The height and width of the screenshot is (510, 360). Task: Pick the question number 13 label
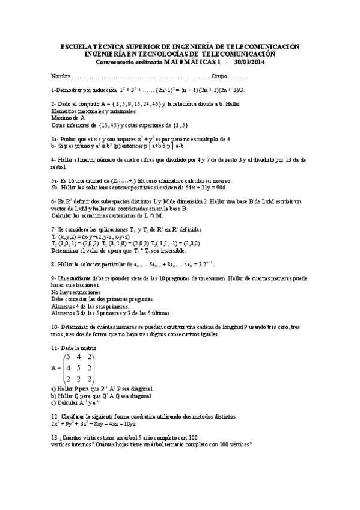pos(55,437)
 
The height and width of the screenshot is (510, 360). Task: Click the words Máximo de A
pos(68,118)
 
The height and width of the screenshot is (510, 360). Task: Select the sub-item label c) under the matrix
pos(54,403)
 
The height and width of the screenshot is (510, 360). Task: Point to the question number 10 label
pos(55,326)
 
